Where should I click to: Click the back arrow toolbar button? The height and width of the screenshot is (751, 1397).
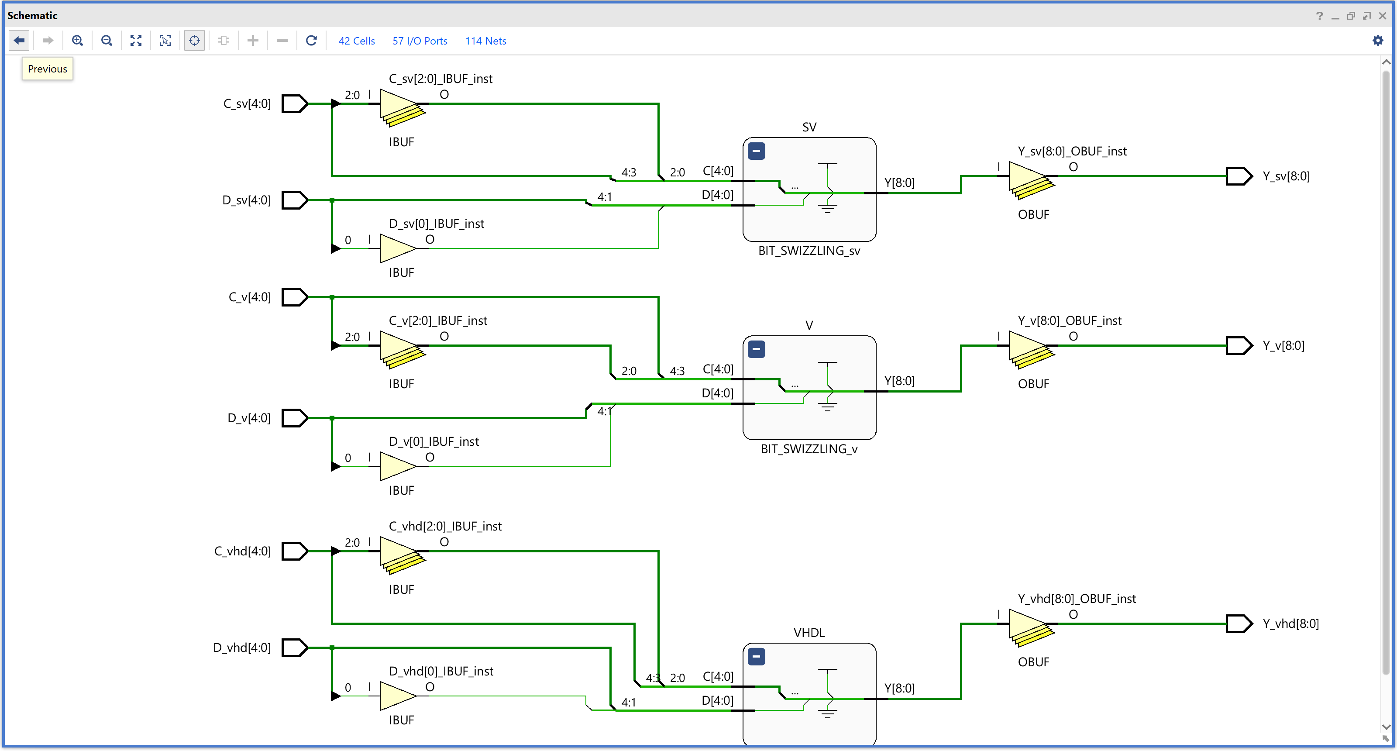point(19,41)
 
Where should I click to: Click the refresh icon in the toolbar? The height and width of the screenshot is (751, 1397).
point(311,41)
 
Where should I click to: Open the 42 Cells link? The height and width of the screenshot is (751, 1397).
point(356,41)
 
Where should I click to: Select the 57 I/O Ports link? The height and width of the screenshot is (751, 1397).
point(420,41)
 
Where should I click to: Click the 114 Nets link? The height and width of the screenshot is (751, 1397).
point(485,41)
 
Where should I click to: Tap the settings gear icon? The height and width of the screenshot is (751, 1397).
point(1377,41)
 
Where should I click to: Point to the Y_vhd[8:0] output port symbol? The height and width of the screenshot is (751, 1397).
point(1239,624)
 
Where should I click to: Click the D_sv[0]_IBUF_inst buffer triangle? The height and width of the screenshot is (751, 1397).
point(396,248)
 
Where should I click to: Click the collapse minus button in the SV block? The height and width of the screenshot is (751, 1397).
point(756,151)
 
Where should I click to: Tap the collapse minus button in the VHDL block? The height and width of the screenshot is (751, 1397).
point(756,657)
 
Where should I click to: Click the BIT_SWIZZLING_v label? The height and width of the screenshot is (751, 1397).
point(809,449)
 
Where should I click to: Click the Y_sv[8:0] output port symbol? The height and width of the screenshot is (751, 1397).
point(1239,176)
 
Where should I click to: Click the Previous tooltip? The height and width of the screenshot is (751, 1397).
point(47,69)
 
